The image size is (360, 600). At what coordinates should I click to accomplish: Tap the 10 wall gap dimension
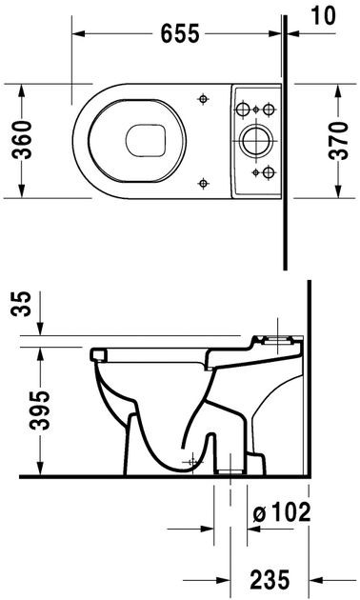(x=324, y=13)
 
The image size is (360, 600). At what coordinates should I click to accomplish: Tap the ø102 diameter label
(x=283, y=513)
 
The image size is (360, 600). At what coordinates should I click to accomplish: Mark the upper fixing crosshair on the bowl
(x=204, y=100)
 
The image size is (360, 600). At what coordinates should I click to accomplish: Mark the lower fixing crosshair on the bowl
(x=204, y=181)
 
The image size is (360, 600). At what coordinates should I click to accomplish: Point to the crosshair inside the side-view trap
(x=194, y=462)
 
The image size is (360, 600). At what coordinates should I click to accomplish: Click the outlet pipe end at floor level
(x=230, y=470)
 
